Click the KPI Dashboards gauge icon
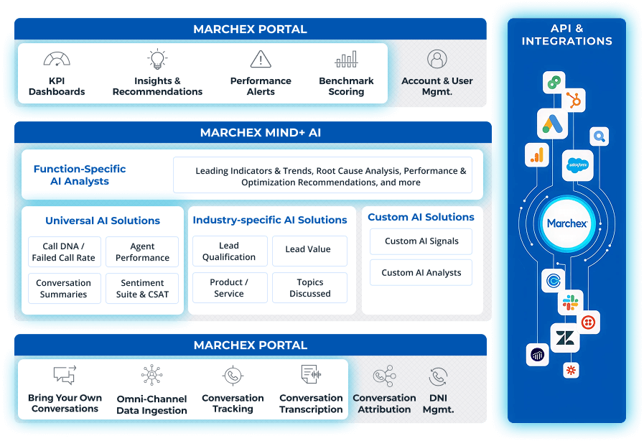point(57,60)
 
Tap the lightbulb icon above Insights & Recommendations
point(157,59)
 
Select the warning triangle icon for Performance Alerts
point(261,59)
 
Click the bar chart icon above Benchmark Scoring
point(346,59)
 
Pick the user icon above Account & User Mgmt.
point(437,59)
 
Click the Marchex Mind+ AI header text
point(251,133)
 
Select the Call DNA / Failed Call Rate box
point(63,252)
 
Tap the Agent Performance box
point(142,252)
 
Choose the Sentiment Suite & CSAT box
point(142,289)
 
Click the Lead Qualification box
point(229,251)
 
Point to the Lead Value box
point(308,249)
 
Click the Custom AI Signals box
point(421,241)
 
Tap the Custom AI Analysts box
point(421,273)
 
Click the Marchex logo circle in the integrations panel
point(567,223)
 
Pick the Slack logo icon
point(571,302)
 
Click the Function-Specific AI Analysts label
point(80,175)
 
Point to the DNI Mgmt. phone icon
point(438,376)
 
